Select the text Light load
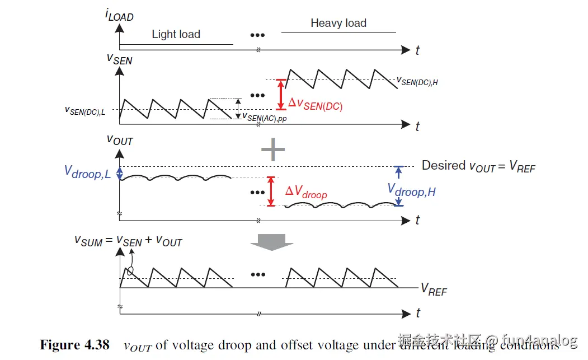pos(176,34)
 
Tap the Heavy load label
pos(338,23)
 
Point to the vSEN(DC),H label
pos(417,82)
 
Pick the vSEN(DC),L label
pos(89,111)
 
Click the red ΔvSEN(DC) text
pos(315,104)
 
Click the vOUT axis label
pos(120,139)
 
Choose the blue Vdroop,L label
pos(87,173)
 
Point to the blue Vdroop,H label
pos(411,191)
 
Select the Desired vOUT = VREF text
pos(478,166)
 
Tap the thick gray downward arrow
pos(271,242)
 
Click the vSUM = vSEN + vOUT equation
pos(129,240)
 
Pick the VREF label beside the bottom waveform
pos(434,289)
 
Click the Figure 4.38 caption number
pos(76,344)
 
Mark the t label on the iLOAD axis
pos(417,50)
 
